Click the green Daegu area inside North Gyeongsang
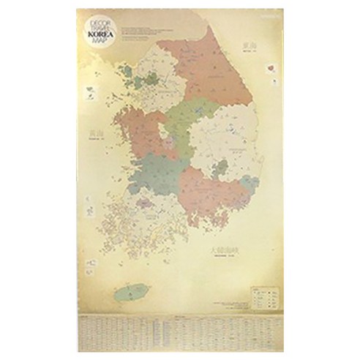pyautogui.click(x=217, y=168)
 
